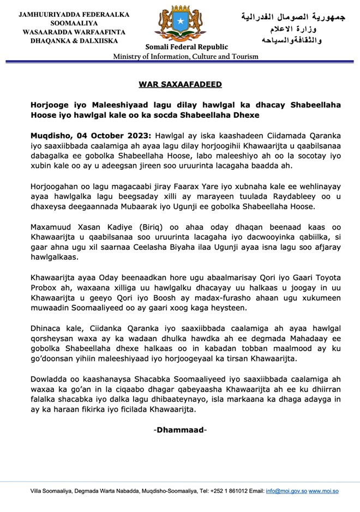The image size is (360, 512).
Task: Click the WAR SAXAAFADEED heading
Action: click(x=179, y=85)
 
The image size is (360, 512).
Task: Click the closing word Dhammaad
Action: click(x=180, y=430)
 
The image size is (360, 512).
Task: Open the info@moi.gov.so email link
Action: click(x=286, y=491)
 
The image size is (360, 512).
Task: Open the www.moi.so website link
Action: click(x=324, y=491)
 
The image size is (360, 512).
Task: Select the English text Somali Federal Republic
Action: click(x=179, y=47)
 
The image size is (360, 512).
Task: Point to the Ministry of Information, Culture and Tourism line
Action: click(x=179, y=57)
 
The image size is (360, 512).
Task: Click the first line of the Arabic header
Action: click(x=293, y=17)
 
